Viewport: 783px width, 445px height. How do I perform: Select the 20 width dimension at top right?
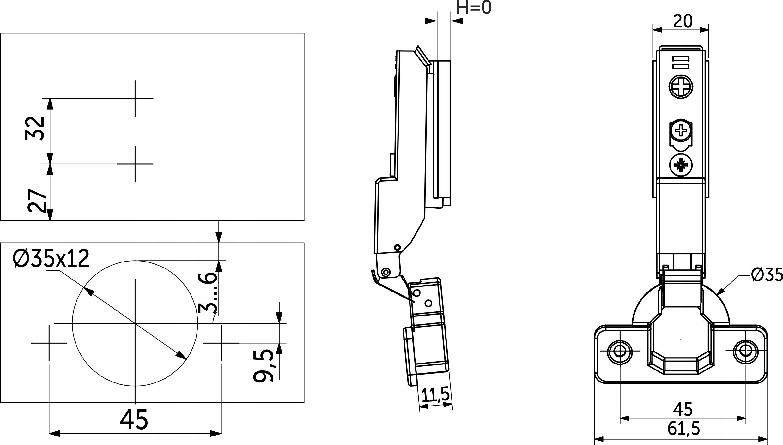pos(683,22)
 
